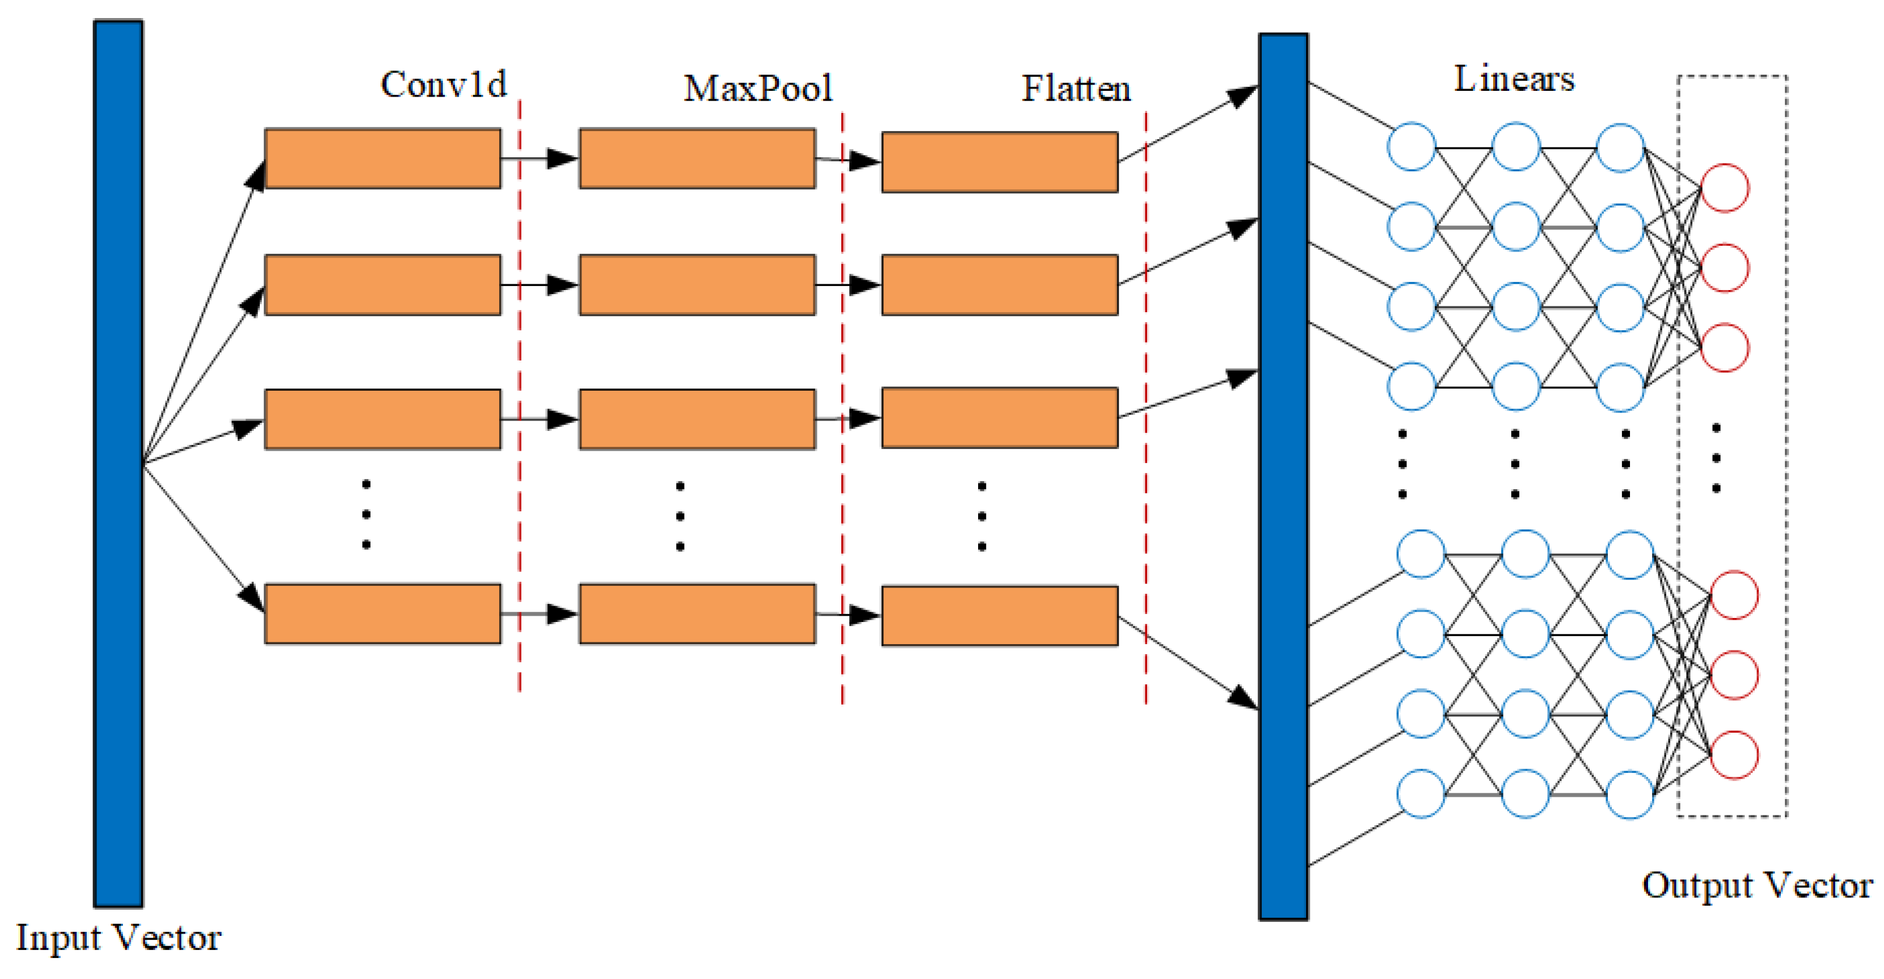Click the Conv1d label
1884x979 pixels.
[x=443, y=85]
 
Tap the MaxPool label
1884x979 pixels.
[x=758, y=89]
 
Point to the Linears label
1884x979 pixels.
[x=1514, y=79]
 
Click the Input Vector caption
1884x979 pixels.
[x=118, y=937]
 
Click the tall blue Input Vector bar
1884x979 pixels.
[x=118, y=464]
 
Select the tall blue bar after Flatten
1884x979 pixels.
[x=1283, y=477]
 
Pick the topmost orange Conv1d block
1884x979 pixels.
[x=383, y=158]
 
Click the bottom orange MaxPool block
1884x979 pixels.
[x=697, y=613]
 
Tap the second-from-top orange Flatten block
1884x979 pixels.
[x=999, y=285]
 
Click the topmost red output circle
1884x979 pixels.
[x=1724, y=188]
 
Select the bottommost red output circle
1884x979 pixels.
[x=1734, y=755]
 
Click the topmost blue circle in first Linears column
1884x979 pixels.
[x=1411, y=147]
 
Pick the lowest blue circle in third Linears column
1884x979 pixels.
[x=1629, y=794]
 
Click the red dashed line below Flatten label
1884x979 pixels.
[x=1145, y=409]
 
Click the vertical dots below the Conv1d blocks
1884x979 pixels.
[x=366, y=515]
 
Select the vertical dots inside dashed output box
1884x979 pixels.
[x=1716, y=458]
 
